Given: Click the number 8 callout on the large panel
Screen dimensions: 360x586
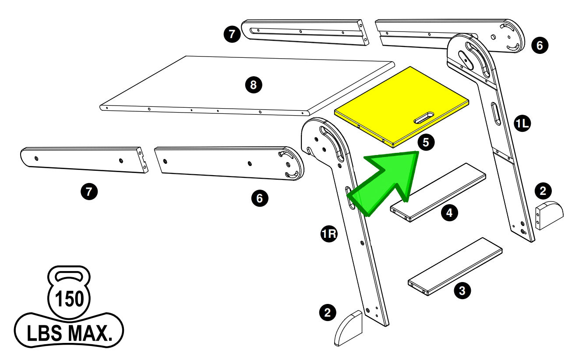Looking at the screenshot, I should [253, 85].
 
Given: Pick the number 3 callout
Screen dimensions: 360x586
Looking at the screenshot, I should [462, 290].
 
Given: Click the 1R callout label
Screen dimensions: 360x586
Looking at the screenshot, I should [328, 235].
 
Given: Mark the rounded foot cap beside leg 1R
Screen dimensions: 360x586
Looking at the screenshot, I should [349, 328].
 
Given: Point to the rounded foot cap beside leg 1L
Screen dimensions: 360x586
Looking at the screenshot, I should [550, 215].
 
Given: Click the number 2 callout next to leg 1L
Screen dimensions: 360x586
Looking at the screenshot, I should [543, 191].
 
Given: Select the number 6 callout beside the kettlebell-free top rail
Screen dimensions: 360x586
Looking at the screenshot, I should [539, 45].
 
